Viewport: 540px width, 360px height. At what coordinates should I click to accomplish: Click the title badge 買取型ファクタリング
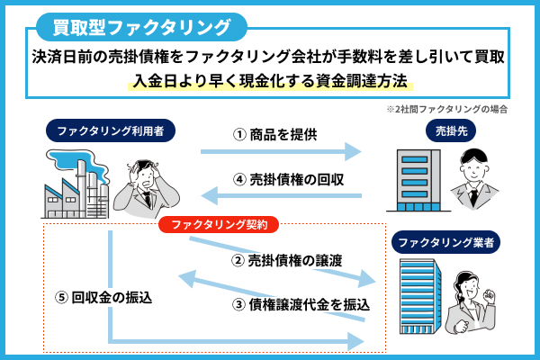click(x=141, y=27)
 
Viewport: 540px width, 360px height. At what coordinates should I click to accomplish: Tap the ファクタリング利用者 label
click(x=111, y=130)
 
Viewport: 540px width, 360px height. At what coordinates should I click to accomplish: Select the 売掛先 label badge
click(x=451, y=130)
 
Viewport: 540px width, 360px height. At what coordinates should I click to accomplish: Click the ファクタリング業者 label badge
click(x=446, y=242)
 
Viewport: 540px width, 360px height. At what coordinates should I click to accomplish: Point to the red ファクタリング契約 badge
click(x=219, y=225)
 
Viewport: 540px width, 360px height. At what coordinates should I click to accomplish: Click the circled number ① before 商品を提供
click(x=239, y=135)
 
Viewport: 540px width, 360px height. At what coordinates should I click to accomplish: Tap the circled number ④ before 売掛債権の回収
click(x=239, y=180)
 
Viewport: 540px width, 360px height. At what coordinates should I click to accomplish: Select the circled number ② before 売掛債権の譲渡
click(x=238, y=261)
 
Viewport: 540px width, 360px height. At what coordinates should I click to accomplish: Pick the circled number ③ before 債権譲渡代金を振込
click(x=238, y=305)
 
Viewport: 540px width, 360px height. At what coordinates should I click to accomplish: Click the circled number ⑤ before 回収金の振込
click(x=61, y=297)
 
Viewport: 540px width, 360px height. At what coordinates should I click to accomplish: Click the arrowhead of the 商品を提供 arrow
click(x=353, y=151)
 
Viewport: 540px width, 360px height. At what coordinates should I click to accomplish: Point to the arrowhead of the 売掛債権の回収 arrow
click(x=210, y=195)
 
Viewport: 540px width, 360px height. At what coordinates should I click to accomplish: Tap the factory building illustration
click(x=77, y=184)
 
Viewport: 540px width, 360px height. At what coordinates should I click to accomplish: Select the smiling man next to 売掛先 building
click(x=474, y=179)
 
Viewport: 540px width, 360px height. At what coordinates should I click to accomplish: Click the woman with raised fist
click(x=471, y=302)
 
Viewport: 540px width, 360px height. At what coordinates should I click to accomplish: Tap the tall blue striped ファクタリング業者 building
click(x=420, y=297)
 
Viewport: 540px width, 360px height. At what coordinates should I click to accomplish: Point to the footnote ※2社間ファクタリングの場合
click(x=446, y=109)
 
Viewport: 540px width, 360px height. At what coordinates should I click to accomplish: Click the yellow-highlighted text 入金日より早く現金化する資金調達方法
click(x=270, y=81)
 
